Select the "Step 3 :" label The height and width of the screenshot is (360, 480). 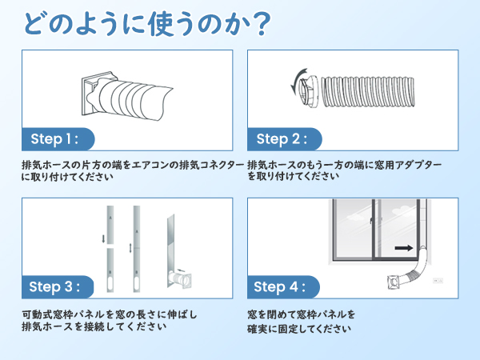coord(54,286)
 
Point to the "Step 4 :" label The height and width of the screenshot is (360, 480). coord(281,286)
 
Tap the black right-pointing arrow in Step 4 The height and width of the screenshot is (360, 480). coord(406,249)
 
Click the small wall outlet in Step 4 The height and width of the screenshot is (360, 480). coord(437,280)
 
